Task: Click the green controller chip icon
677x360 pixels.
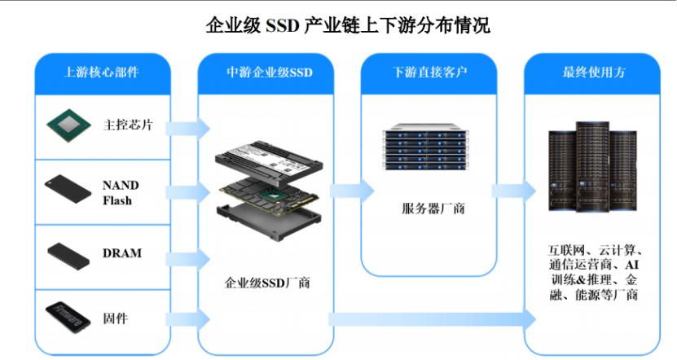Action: click(x=68, y=125)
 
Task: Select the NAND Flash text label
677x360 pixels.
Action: click(x=117, y=192)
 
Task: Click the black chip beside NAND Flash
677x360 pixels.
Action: click(x=68, y=190)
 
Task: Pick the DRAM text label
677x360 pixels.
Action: click(x=122, y=253)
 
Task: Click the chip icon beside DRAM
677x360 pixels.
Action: click(x=68, y=253)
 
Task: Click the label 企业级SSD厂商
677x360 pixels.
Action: click(x=266, y=283)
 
